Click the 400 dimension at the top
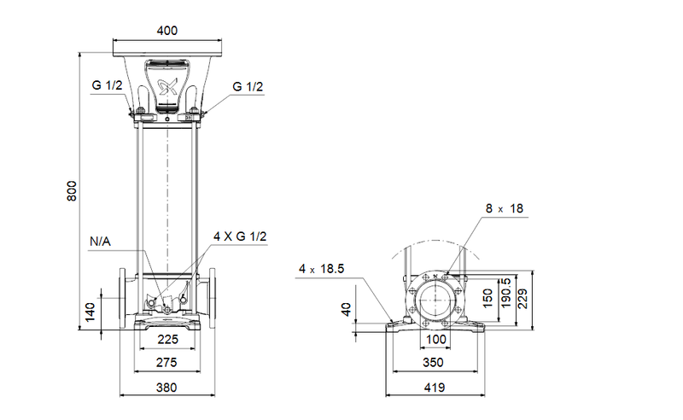tap(167, 31)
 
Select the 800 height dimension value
tap(73, 190)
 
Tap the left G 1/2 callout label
tap(108, 85)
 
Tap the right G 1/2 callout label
tap(248, 85)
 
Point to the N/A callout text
tap(100, 242)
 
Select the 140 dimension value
tap(90, 312)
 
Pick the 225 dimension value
tap(167, 339)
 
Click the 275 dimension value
tap(167, 363)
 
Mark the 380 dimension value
tap(167, 388)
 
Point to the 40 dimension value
tap(346, 309)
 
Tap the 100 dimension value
tap(436, 339)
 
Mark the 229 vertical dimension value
tap(523, 297)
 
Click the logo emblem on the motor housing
tap(167, 84)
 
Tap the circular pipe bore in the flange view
tap(436, 301)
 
